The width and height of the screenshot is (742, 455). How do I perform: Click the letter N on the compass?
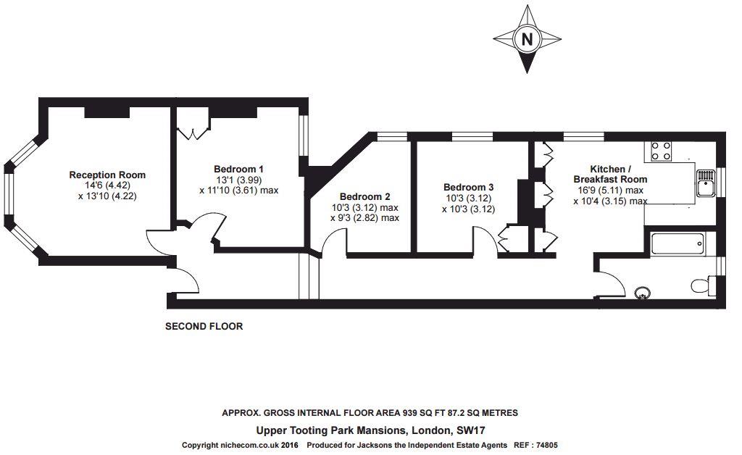[527, 39]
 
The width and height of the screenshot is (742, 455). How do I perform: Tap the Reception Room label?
[107, 175]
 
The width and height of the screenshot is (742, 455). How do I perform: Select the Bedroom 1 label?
[238, 169]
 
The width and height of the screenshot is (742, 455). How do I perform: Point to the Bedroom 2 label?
[364, 196]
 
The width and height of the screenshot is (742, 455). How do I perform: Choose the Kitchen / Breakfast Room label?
[610, 173]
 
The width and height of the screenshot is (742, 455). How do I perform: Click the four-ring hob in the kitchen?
[660, 150]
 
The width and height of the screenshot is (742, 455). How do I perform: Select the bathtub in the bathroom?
[677, 243]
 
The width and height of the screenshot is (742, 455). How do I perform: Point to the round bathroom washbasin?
[642, 293]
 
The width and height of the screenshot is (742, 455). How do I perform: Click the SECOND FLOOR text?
[204, 327]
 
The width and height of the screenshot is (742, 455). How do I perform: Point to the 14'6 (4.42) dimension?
[107, 185]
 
